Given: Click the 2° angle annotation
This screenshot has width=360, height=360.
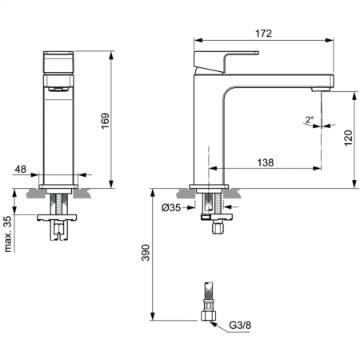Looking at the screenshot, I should coord(309,120).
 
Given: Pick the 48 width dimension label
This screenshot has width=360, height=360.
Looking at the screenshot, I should coord(20,168).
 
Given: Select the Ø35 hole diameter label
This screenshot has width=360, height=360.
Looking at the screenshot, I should coord(174,208).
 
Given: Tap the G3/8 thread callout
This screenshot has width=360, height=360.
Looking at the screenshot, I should coord(239,326).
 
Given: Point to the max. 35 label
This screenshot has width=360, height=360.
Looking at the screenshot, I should coord(8,231).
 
